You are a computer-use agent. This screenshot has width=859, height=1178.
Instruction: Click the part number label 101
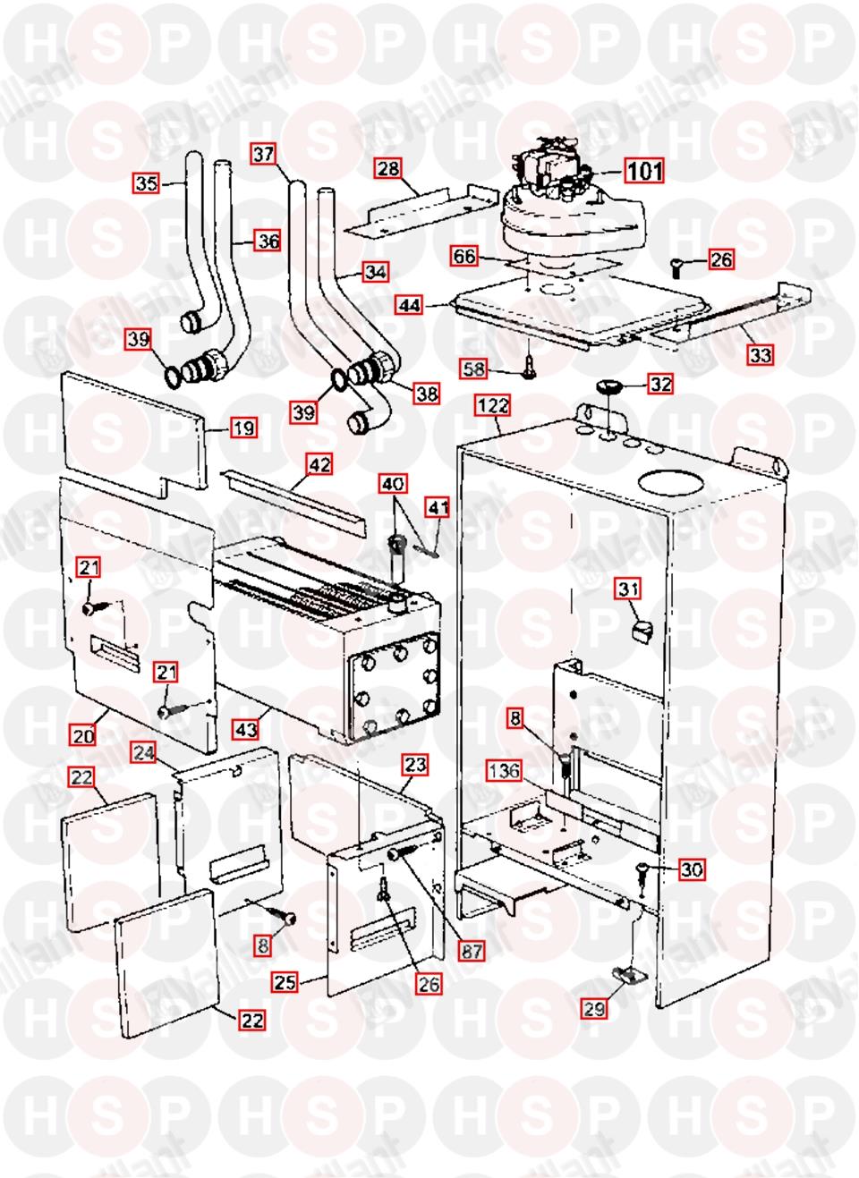[643, 169]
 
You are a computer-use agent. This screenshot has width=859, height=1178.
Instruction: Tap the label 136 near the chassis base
[505, 769]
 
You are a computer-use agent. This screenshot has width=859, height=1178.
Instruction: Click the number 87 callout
[472, 951]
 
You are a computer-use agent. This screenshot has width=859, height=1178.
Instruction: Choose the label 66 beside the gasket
[464, 257]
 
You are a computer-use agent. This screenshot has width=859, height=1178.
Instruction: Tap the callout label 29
[594, 1009]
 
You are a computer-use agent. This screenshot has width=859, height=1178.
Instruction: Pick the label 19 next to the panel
[243, 428]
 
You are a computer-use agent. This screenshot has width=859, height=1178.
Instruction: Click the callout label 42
[319, 465]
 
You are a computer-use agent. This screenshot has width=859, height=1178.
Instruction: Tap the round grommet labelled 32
[608, 386]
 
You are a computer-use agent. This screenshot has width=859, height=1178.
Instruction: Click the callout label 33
[760, 355]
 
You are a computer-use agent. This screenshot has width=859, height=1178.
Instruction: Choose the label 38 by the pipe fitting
[428, 392]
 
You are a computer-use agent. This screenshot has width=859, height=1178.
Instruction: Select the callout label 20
[83, 737]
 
